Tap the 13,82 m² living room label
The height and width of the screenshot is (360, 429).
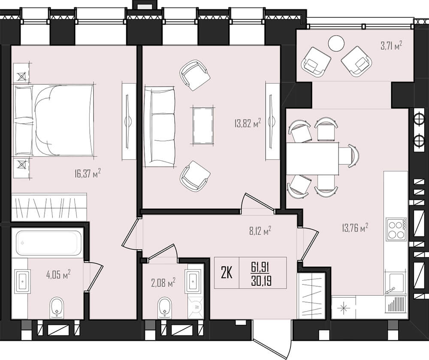pyautogui.click(x=248, y=123)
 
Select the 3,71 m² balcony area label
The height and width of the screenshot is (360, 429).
pyautogui.click(x=392, y=45)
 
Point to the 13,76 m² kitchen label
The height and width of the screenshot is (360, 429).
pyautogui.click(x=355, y=227)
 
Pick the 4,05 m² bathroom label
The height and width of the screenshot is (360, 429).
pyautogui.click(x=58, y=274)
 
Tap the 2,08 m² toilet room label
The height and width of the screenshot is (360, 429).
pyautogui.click(x=163, y=282)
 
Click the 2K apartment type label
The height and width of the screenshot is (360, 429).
pyautogui.click(x=227, y=273)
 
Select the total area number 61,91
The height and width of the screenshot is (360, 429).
pyautogui.click(x=260, y=267)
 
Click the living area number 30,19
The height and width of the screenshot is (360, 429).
pyautogui.click(x=261, y=281)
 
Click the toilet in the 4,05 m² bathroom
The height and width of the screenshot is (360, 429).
pyautogui.click(x=57, y=308)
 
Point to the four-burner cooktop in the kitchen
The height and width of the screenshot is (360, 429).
pyautogui.click(x=396, y=229)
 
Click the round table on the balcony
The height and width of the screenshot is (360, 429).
pyautogui.click(x=336, y=43)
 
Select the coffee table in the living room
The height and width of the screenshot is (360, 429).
pyautogui.click(x=203, y=126)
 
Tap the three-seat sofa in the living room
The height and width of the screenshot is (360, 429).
pyautogui.click(x=160, y=127)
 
